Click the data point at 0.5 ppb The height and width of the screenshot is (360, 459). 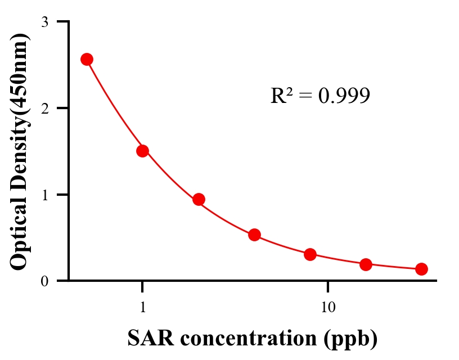(x=87, y=60)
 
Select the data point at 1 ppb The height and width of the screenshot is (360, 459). (x=142, y=151)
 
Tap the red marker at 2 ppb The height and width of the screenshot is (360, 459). (x=199, y=199)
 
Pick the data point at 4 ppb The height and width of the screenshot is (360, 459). (x=254, y=235)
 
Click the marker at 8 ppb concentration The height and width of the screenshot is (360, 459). (x=310, y=254)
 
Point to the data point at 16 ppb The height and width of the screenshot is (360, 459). (x=366, y=264)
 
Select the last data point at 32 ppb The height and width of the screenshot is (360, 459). (x=421, y=269)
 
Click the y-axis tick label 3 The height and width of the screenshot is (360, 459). (x=44, y=22)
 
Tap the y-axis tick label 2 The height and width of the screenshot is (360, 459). (x=44, y=108)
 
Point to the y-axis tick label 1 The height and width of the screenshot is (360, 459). (x=44, y=195)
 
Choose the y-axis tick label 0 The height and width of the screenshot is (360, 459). (x=44, y=281)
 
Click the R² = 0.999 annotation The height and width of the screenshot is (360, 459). (x=320, y=96)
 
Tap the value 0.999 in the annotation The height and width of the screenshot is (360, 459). (x=344, y=96)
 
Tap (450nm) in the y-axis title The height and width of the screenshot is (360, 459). (x=20, y=70)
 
